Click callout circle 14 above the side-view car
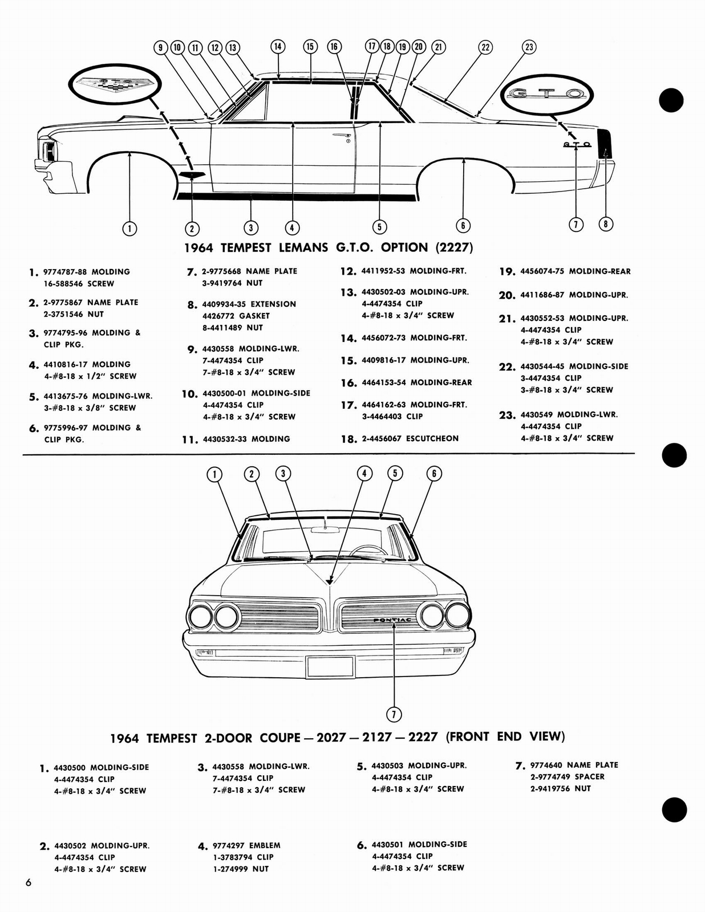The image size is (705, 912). (x=277, y=47)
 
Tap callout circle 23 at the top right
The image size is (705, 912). (x=529, y=47)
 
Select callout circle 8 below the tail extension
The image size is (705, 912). (x=606, y=224)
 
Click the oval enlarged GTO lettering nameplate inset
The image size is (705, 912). (x=546, y=94)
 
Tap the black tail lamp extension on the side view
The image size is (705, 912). (x=603, y=144)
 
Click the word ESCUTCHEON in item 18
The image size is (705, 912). (x=432, y=438)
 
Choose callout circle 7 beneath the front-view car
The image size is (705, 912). (x=394, y=714)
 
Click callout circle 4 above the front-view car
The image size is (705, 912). (x=364, y=473)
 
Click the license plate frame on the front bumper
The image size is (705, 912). (x=330, y=667)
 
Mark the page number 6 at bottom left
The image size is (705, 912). (x=28, y=883)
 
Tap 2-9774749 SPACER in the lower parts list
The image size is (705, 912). (x=567, y=776)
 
